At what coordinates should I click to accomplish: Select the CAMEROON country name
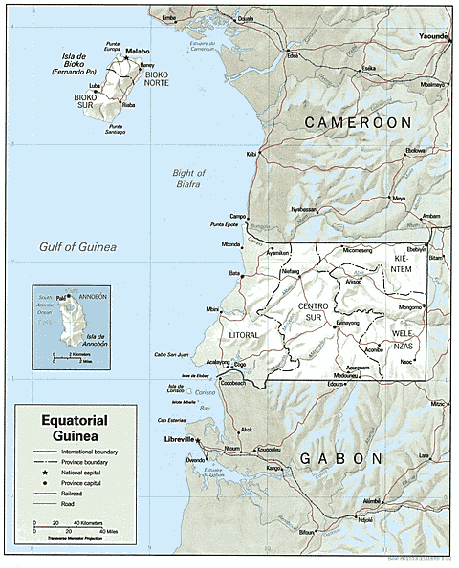[357, 123]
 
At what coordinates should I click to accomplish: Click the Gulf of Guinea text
[78, 247]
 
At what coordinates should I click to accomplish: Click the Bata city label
[234, 273]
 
